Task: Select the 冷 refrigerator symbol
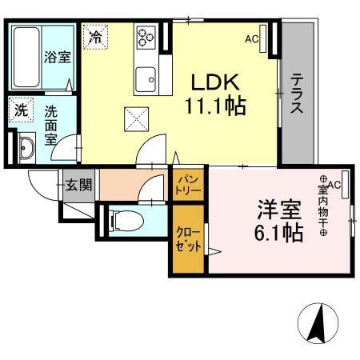click(95, 37)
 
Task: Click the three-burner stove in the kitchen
click(146, 38)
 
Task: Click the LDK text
click(212, 82)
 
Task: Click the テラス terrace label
click(296, 95)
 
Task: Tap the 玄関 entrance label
click(78, 186)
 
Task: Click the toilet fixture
click(122, 219)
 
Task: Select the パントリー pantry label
click(189, 186)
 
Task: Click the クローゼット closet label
click(189, 238)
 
